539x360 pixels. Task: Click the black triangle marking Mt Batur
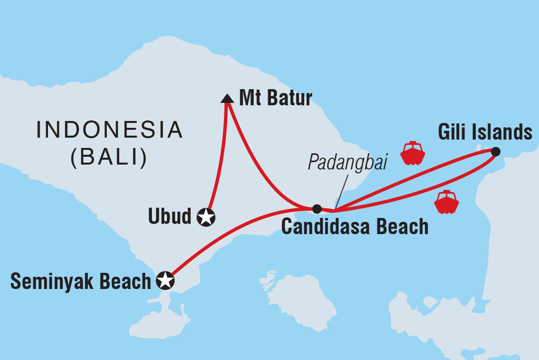point(227,99)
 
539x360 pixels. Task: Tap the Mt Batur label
point(275,98)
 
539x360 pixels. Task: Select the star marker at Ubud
point(206,216)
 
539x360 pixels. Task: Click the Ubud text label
point(170,216)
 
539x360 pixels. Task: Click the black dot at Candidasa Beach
point(317,209)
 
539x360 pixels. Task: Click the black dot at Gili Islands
point(495,152)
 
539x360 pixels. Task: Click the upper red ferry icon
point(412,153)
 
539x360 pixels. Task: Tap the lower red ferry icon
point(446,202)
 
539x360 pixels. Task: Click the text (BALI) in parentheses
point(109,158)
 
